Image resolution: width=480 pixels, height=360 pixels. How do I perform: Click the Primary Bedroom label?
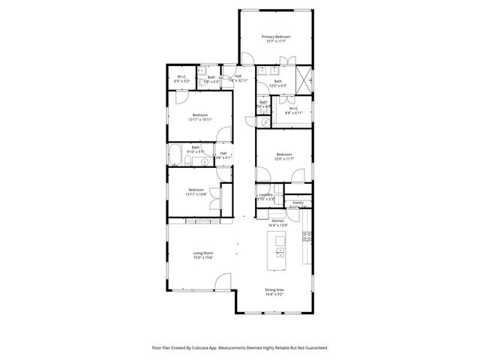pyautogui.click(x=275, y=37)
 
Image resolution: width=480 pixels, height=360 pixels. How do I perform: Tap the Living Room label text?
pyautogui.click(x=203, y=253)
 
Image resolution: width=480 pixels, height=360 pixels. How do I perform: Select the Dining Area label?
pyautogui.click(x=274, y=291)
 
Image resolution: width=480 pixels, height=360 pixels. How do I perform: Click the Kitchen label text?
pyautogui.click(x=277, y=221)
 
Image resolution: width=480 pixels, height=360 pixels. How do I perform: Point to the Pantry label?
pyautogui.click(x=298, y=202)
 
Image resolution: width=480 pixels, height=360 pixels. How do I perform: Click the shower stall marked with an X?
pyautogui.click(x=304, y=79)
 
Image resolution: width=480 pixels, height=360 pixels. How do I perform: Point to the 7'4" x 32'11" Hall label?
pyautogui.click(x=237, y=79)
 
